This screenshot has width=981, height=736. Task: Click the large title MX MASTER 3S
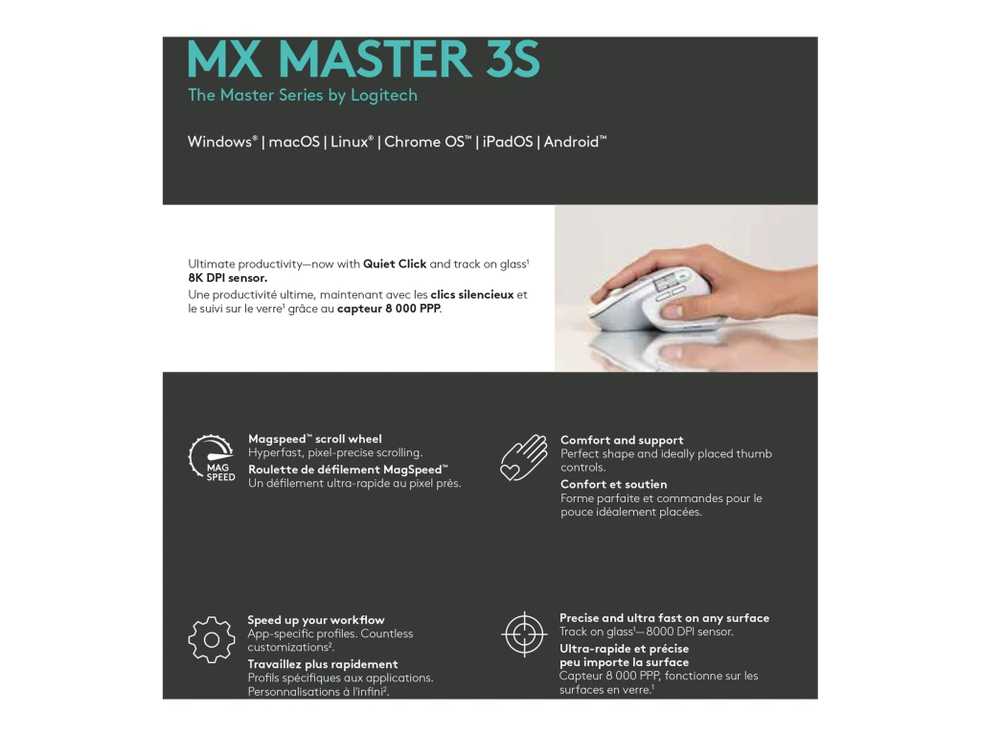coord(364,59)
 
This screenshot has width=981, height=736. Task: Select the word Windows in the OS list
coord(219,142)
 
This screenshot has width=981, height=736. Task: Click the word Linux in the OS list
coord(350,142)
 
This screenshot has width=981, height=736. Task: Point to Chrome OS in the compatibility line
coord(425,142)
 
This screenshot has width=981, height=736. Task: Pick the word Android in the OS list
coord(572,142)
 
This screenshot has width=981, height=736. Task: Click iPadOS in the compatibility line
coord(508,142)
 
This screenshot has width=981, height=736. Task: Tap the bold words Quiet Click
coord(395,264)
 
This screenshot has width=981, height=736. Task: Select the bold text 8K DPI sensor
coord(228,278)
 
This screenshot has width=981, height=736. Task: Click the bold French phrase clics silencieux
coord(472,294)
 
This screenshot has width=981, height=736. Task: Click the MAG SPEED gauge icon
coord(212,458)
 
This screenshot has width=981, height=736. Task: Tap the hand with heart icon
coord(524,457)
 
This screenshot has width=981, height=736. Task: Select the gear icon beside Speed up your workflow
coord(212,639)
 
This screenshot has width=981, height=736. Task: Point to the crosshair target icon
coord(524,633)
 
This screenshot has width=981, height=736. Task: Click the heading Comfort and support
coord(622,440)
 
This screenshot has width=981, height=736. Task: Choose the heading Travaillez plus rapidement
coord(323,664)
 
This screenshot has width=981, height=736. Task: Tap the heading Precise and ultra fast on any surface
coord(664,618)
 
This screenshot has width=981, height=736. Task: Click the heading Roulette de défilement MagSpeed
coord(346,470)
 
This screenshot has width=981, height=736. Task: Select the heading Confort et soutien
coord(614,484)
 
